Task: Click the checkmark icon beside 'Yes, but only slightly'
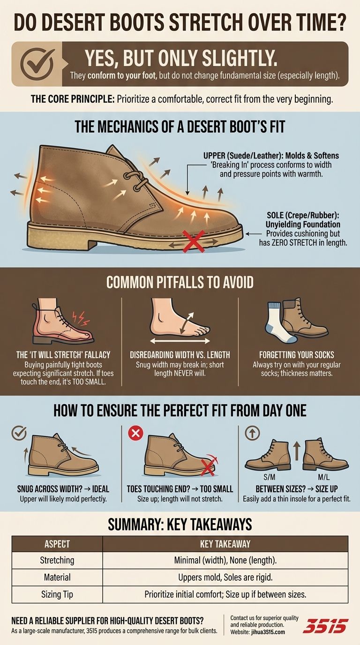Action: click(x=37, y=64)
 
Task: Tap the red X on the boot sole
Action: click(x=194, y=241)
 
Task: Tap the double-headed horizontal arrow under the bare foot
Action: click(x=180, y=341)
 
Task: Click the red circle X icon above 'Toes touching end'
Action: click(x=135, y=433)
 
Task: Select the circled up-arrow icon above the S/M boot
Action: click(x=252, y=433)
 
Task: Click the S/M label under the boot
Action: click(x=269, y=477)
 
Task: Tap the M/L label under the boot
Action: click(x=324, y=477)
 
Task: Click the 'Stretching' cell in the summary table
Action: click(x=57, y=560)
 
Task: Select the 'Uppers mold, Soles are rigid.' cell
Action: click(x=225, y=577)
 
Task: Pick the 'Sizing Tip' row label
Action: click(x=57, y=594)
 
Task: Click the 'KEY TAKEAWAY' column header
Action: click(x=225, y=544)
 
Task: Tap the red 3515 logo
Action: click(x=325, y=626)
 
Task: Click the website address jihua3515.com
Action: click(x=268, y=632)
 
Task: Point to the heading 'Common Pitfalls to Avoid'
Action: click(x=180, y=283)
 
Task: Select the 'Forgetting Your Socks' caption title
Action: click(x=297, y=355)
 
